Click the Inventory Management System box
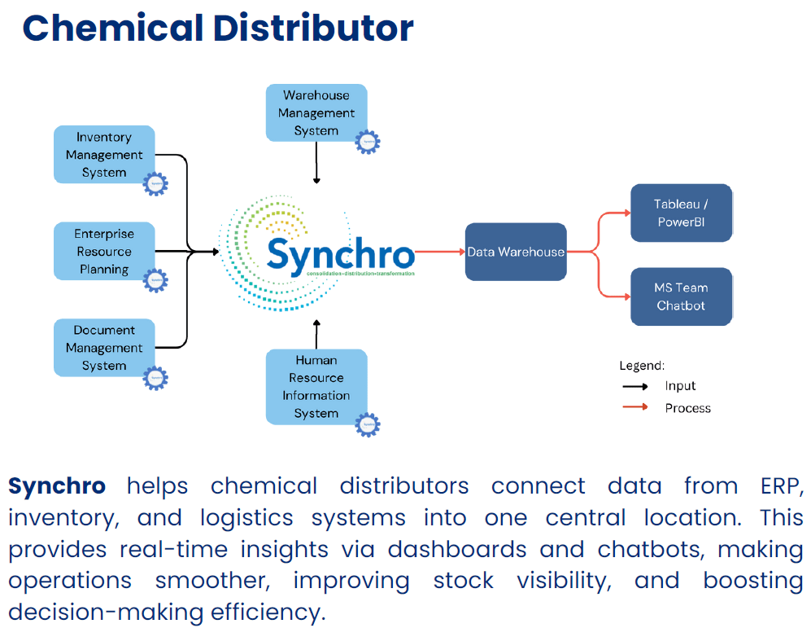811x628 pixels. [x=104, y=155]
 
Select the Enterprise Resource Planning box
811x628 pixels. [x=104, y=252]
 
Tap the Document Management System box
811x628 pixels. [x=104, y=348]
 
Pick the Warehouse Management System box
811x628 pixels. [x=316, y=112]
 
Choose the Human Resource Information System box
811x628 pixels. [x=316, y=387]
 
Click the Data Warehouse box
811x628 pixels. [x=516, y=253]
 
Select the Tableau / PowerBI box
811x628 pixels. [x=681, y=213]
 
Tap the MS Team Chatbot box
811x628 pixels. [x=681, y=296]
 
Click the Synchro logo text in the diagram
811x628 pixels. [x=340, y=254]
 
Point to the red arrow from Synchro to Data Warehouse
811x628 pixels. [x=439, y=253]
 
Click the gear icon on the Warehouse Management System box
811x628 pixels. [x=368, y=142]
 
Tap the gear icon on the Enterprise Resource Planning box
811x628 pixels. [x=155, y=280]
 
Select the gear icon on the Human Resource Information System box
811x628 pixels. [x=368, y=424]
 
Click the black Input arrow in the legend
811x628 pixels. [x=634, y=386]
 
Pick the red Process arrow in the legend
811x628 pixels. [x=634, y=408]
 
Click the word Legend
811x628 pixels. [x=642, y=366]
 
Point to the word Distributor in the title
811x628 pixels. [x=313, y=28]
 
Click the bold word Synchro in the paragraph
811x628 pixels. [x=57, y=486]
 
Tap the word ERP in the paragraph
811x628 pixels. [x=778, y=486]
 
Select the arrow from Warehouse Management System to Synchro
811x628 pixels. [x=316, y=166]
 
